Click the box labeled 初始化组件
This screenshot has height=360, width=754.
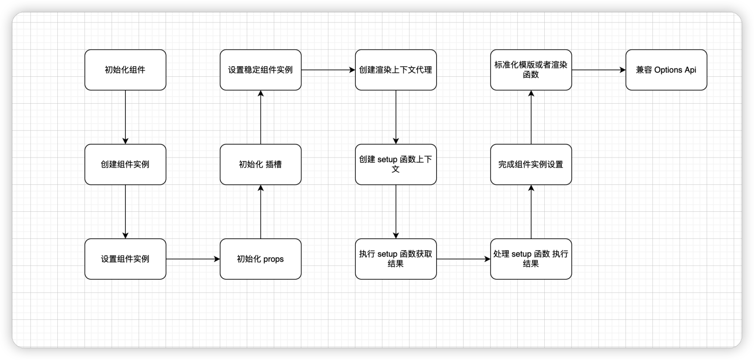pyautogui.click(x=125, y=70)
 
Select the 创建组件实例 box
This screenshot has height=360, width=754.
pyautogui.click(x=125, y=164)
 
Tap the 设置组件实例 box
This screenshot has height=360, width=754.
pyautogui.click(x=125, y=259)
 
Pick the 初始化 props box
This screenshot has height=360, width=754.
pyautogui.click(x=260, y=259)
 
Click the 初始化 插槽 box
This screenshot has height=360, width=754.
pyautogui.click(x=260, y=164)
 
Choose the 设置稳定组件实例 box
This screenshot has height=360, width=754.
pyautogui.click(x=260, y=70)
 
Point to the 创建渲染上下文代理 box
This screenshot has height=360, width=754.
pyautogui.click(x=396, y=70)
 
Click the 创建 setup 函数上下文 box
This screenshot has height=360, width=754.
pyautogui.click(x=396, y=164)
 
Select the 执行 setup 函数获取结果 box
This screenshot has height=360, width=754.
pyautogui.click(x=396, y=259)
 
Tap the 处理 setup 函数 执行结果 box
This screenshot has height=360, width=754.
pyautogui.click(x=531, y=259)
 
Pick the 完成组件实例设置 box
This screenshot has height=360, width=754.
pyautogui.click(x=531, y=164)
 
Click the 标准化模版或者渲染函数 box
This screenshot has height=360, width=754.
pyautogui.click(x=531, y=70)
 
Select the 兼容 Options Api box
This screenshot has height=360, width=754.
pyautogui.click(x=666, y=70)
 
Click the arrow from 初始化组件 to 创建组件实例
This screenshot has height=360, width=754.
pyautogui.click(x=125, y=117)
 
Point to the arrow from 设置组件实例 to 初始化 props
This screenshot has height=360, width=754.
pyautogui.click(x=193, y=259)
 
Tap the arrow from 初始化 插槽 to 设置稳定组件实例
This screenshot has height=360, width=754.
pyautogui.click(x=260, y=117)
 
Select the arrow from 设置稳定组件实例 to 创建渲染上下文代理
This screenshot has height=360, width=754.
pyautogui.click(x=328, y=70)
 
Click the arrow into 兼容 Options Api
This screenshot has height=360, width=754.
pyautogui.click(x=599, y=70)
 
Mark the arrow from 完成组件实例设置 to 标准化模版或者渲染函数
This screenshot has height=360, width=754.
pyautogui.click(x=531, y=117)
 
